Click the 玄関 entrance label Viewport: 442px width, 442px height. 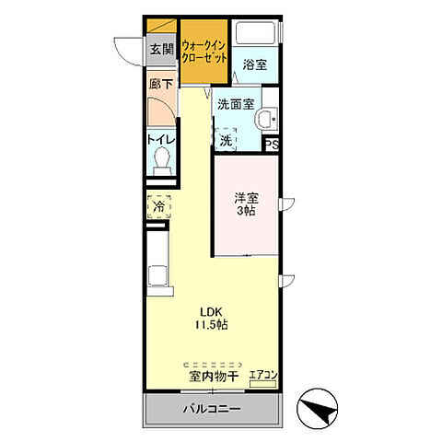[161, 50]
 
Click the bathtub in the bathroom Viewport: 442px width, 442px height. [256, 33]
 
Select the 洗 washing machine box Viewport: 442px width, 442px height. [227, 139]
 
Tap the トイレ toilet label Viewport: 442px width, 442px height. [160, 141]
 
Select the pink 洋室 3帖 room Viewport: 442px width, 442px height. [247, 204]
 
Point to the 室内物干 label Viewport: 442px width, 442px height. [215, 376]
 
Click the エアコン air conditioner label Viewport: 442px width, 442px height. [262, 375]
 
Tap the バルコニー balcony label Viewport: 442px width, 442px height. [211, 407]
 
